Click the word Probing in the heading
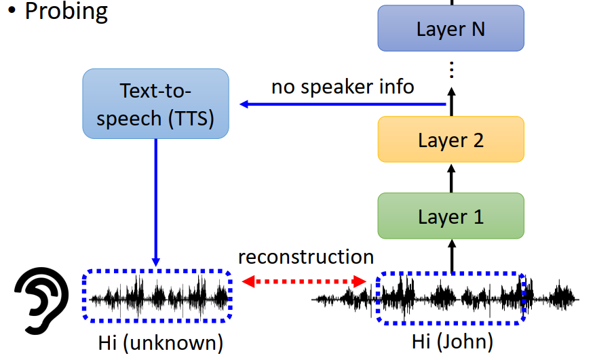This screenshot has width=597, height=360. coord(66,12)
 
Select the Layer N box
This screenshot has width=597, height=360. coord(450,28)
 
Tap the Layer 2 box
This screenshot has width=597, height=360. coord(450,140)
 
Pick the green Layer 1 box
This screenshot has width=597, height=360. coord(450,216)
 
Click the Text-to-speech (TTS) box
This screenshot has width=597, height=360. coord(155,104)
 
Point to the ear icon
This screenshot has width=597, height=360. coord(41,296)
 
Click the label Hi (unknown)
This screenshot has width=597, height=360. coord(160,342)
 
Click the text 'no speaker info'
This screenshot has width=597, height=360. coord(343,87)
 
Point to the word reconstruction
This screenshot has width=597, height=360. coord(306,257)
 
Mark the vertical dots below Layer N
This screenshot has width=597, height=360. coord(451,69)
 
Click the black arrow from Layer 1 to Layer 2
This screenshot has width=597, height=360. coord(451,178)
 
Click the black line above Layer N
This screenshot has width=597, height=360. coord(451,2)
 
